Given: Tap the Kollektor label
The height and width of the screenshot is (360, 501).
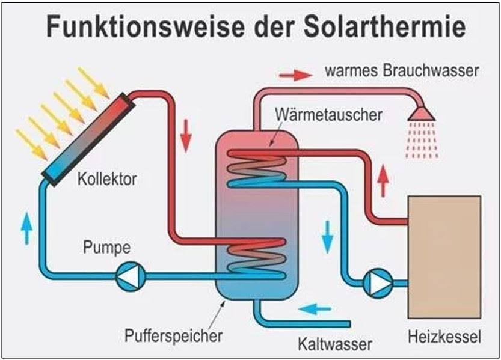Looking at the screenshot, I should [108, 178].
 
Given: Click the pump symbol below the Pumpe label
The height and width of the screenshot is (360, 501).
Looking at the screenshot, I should [130, 277].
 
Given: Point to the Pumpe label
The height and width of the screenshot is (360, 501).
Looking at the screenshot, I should [108, 247].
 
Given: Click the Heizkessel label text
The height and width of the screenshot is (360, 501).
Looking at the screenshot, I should [444, 338].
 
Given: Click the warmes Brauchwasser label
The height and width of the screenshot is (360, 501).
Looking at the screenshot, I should [402, 71].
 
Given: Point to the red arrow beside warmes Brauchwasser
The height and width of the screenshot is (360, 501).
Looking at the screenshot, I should [295, 75].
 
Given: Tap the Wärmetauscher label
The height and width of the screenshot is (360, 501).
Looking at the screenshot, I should [328, 114].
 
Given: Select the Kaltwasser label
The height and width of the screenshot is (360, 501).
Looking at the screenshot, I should [335, 344].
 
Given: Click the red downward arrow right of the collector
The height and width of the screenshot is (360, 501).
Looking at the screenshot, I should [186, 135].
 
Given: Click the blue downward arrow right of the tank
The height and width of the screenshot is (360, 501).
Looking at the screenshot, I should [327, 237].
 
